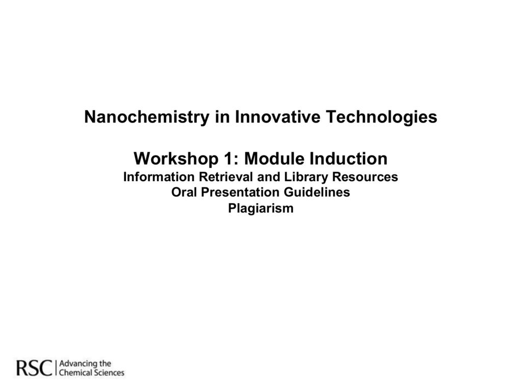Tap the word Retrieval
tap(226, 177)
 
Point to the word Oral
tap(184, 192)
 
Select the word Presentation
tap(240, 192)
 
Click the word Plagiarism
tap(260, 209)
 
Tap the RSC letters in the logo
tap(35, 368)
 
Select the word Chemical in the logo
tap(75, 373)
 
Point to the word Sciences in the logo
tap(108, 373)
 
